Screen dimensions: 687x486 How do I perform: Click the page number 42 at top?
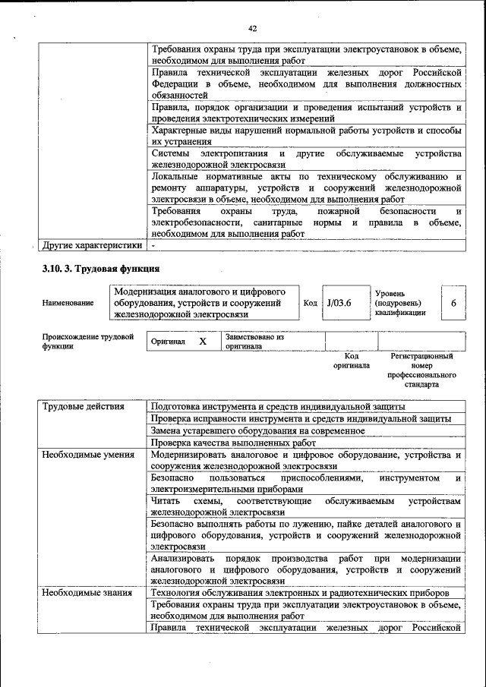(253, 29)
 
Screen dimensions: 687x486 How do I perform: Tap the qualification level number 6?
(453, 303)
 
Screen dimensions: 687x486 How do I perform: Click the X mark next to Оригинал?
(203, 342)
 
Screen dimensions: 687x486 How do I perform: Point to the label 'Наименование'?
(68, 303)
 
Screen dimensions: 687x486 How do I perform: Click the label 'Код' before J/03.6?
(310, 303)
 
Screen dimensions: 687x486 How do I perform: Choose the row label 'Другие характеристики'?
(92, 245)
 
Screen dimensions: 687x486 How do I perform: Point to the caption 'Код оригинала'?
(351, 361)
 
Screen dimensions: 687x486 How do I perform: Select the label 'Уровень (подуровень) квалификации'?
(400, 303)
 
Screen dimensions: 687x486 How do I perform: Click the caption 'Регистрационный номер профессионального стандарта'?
(421, 370)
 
